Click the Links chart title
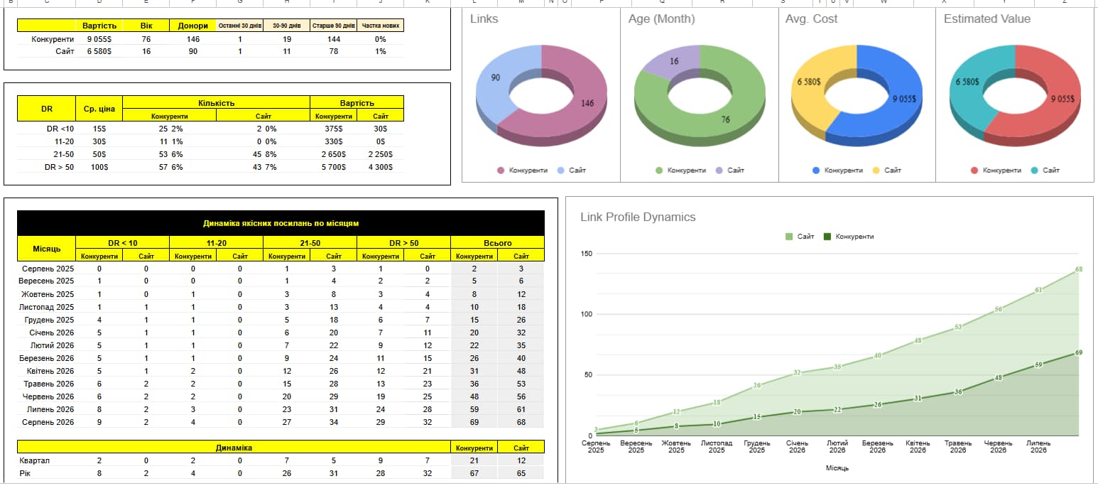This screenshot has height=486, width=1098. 484,19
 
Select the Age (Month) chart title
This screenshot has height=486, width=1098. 661,19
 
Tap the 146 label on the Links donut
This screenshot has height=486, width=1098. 587,104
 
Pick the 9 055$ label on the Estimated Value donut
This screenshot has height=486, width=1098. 1062,99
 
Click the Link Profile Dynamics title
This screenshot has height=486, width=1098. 638,217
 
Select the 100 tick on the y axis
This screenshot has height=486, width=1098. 586,314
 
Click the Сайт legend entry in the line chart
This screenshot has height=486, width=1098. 800,237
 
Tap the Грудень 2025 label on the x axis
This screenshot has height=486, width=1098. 757,446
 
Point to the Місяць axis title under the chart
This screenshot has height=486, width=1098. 837,468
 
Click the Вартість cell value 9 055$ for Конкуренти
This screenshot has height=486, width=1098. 99,39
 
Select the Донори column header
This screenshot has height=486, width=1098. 192,26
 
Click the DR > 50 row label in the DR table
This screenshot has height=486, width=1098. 60,167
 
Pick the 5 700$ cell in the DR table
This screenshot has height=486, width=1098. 333,167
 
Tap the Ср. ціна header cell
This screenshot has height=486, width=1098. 99,109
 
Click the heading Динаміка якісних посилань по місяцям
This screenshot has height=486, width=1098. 281,223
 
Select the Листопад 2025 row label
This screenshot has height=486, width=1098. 47,307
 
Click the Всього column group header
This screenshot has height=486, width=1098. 498,243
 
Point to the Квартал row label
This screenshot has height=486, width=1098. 34,460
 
